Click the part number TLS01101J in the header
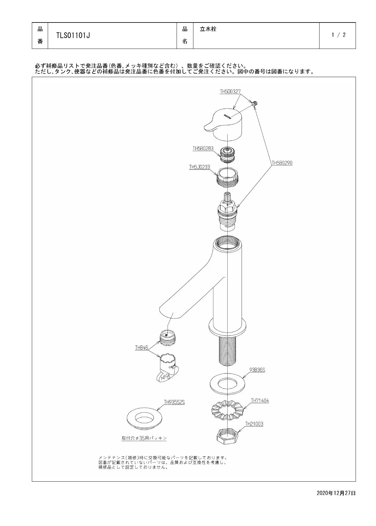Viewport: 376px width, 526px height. [73, 35]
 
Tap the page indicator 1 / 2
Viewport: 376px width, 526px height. [338, 35]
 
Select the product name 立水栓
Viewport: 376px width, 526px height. [208, 29]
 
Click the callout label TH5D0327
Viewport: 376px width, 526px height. [230, 91]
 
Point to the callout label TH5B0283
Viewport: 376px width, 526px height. [203, 148]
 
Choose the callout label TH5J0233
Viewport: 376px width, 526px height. [199, 167]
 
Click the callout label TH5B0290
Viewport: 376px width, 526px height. [282, 163]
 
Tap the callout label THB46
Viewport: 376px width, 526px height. [141, 348]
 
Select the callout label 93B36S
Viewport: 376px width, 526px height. [257, 370]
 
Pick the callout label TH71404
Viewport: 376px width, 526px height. [260, 401]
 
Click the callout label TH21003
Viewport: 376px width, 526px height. [254, 424]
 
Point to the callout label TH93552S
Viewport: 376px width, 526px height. [174, 402]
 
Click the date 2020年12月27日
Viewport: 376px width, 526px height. [336, 493]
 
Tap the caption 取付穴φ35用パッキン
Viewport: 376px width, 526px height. [144, 438]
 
